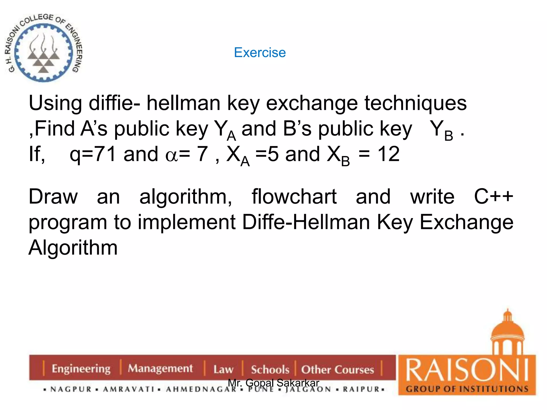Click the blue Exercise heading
click(x=260, y=52)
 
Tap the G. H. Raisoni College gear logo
click(x=43, y=48)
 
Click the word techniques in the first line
click(x=415, y=104)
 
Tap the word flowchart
click(x=294, y=197)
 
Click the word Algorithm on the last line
click(x=73, y=248)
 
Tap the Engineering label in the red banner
click(x=81, y=369)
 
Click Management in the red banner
click(x=160, y=369)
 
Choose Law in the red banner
click(x=223, y=369)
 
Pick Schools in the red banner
click(x=270, y=370)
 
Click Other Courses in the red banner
click(x=337, y=370)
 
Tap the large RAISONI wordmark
click(x=467, y=370)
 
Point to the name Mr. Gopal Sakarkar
click(x=273, y=383)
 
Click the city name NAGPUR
click(x=71, y=389)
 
